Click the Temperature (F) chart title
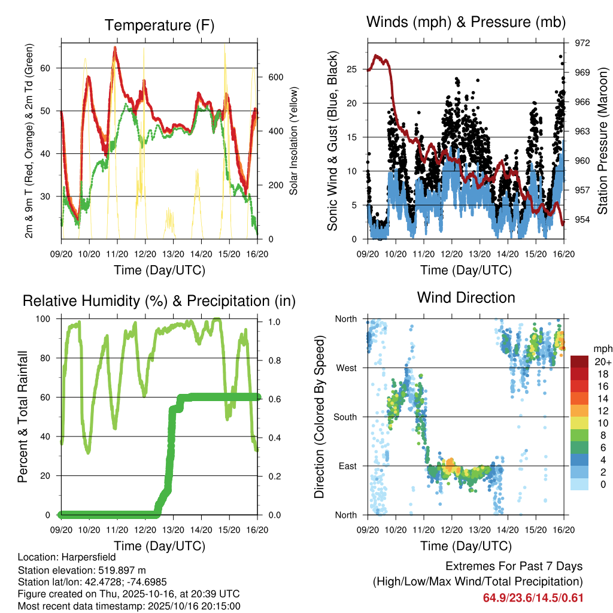click(x=159, y=26)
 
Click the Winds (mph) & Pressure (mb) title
click(x=466, y=23)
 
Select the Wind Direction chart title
click(x=466, y=298)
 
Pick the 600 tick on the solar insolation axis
click(x=275, y=77)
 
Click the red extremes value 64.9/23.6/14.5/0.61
click(x=533, y=598)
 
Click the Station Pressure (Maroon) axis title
click(x=603, y=141)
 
